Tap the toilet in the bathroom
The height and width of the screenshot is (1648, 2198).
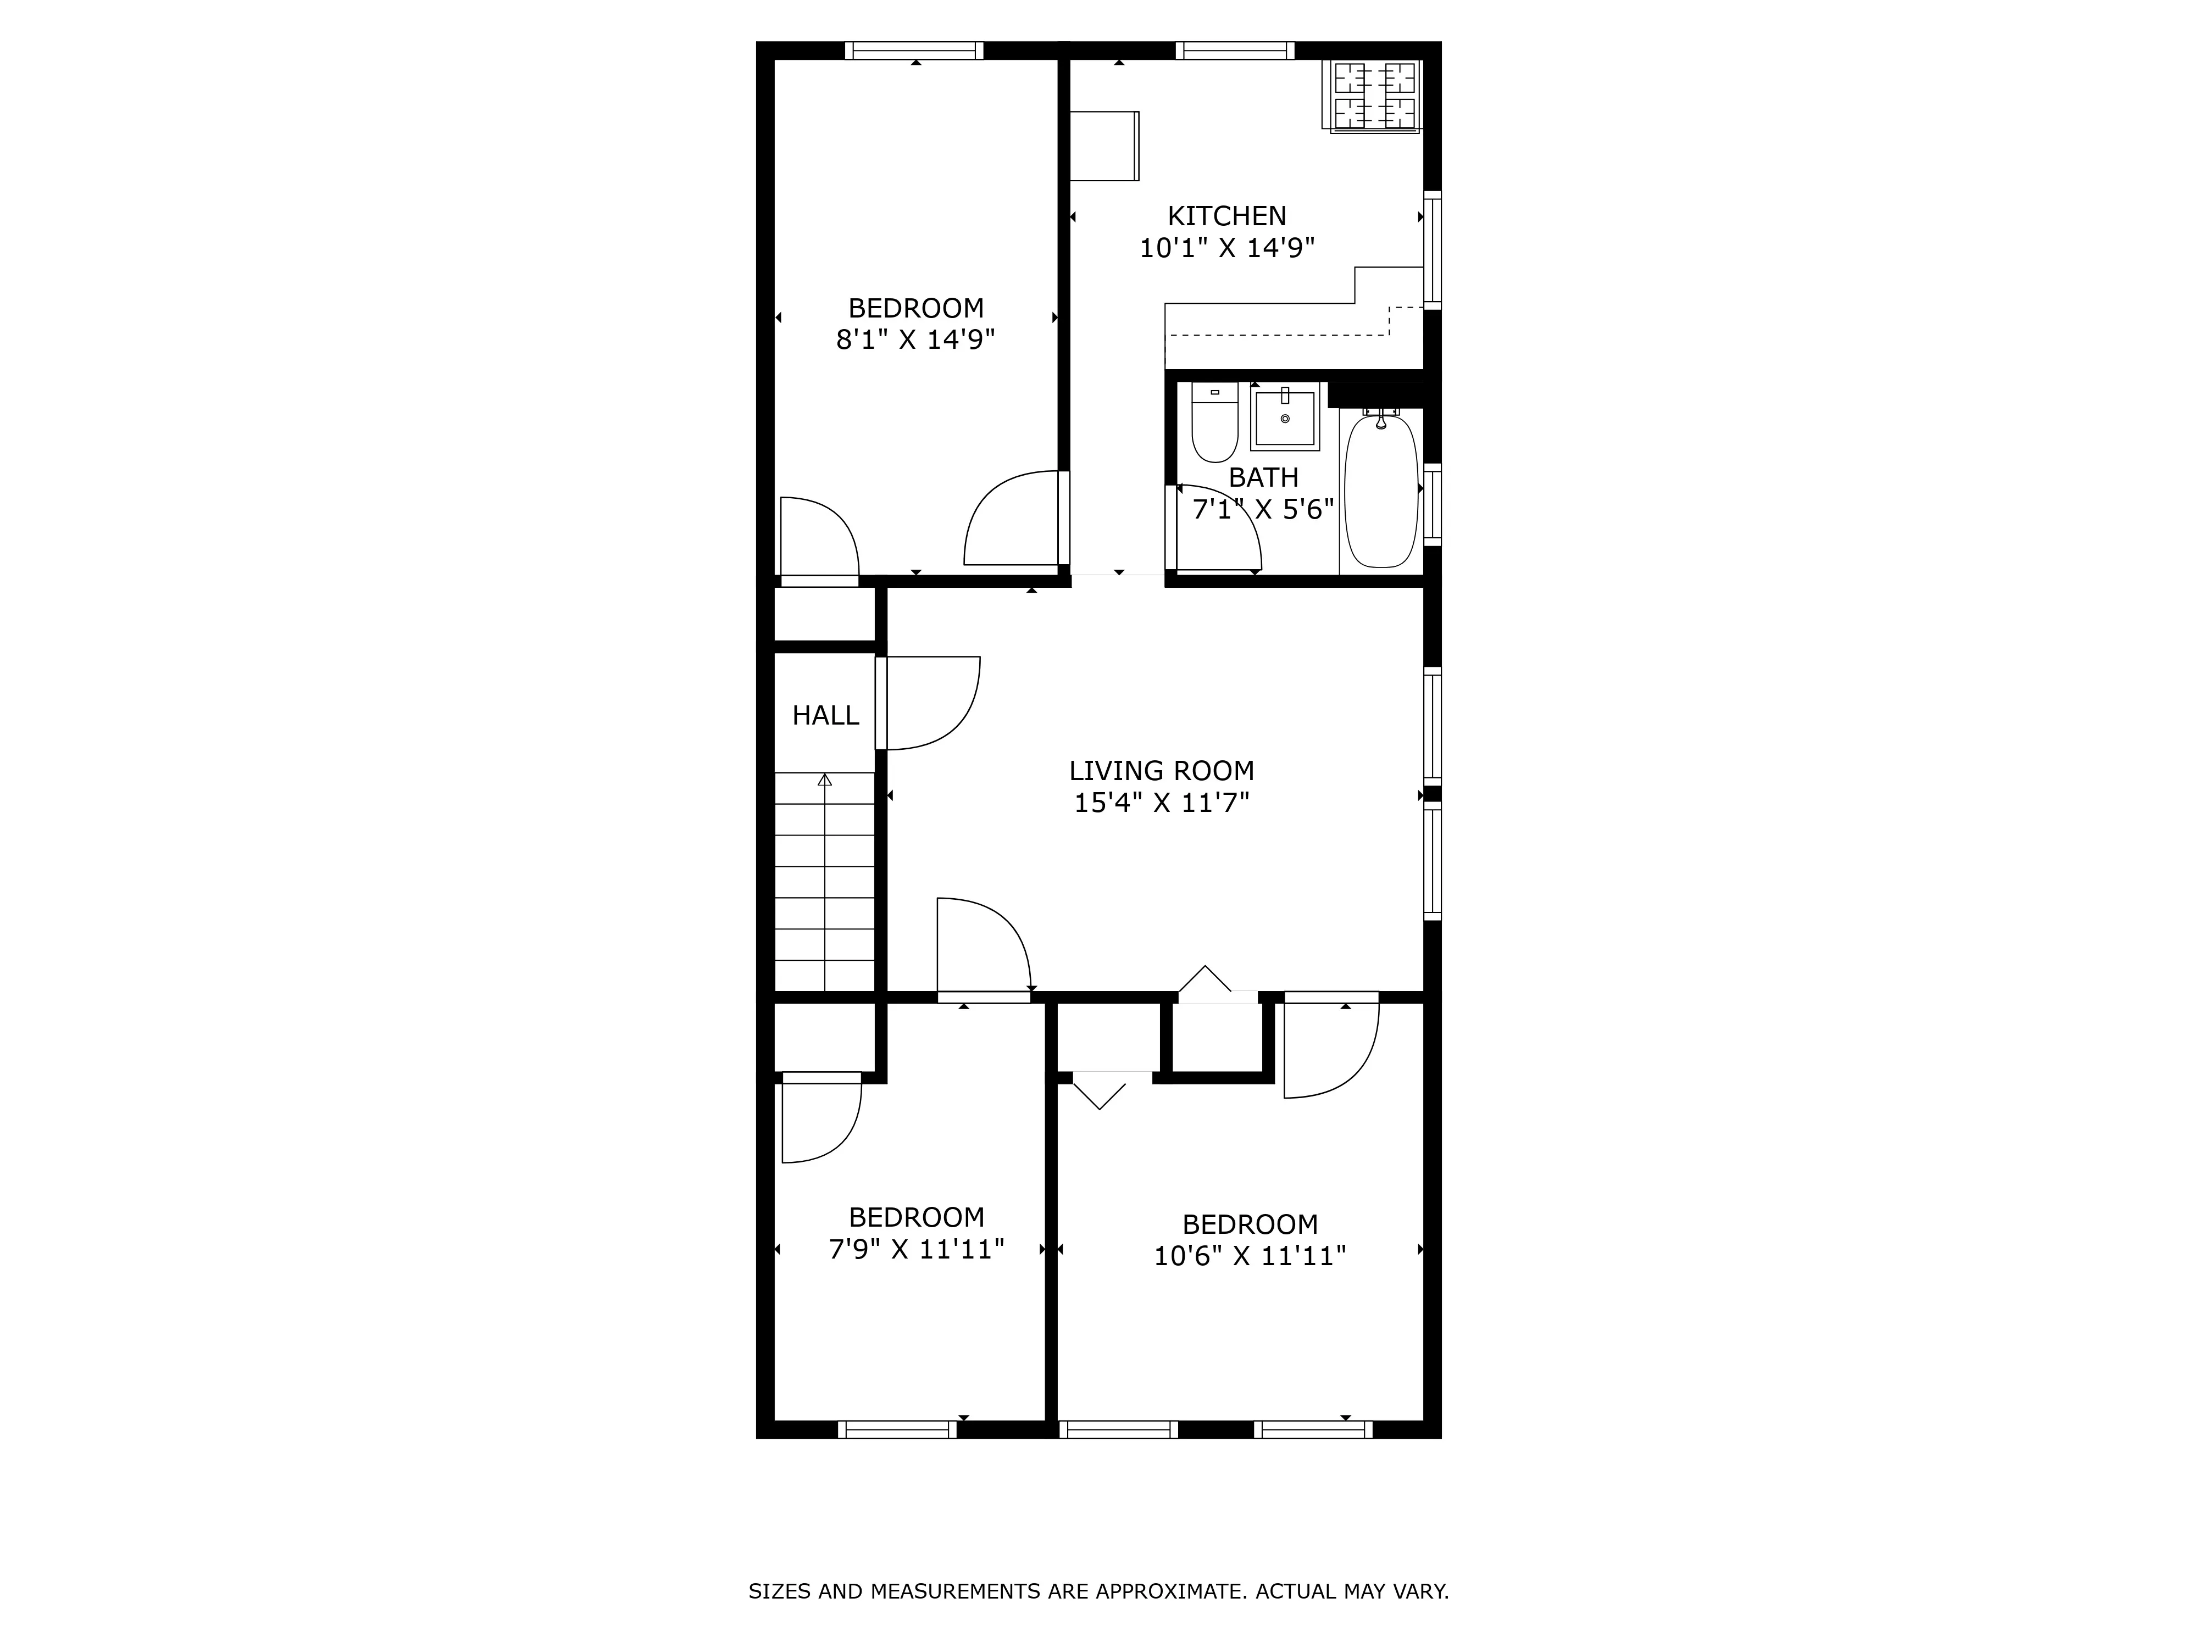(1214, 424)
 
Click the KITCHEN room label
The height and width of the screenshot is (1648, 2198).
(1226, 215)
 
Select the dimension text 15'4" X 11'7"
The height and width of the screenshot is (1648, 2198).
(1161, 803)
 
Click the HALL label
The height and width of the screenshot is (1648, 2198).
(825, 715)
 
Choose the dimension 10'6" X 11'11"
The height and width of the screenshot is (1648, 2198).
(1249, 1256)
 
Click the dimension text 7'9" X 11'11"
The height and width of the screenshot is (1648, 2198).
(916, 1249)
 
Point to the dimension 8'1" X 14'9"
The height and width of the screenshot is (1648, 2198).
(915, 339)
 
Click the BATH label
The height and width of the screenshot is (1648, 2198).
(1263, 478)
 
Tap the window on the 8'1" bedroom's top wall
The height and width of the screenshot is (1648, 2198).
(914, 51)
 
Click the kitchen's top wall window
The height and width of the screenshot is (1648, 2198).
(1235, 51)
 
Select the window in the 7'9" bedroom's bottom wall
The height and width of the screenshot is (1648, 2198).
(897, 1429)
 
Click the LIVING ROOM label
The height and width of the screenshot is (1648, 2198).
(1161, 771)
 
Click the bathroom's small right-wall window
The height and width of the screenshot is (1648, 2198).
(1432, 504)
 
